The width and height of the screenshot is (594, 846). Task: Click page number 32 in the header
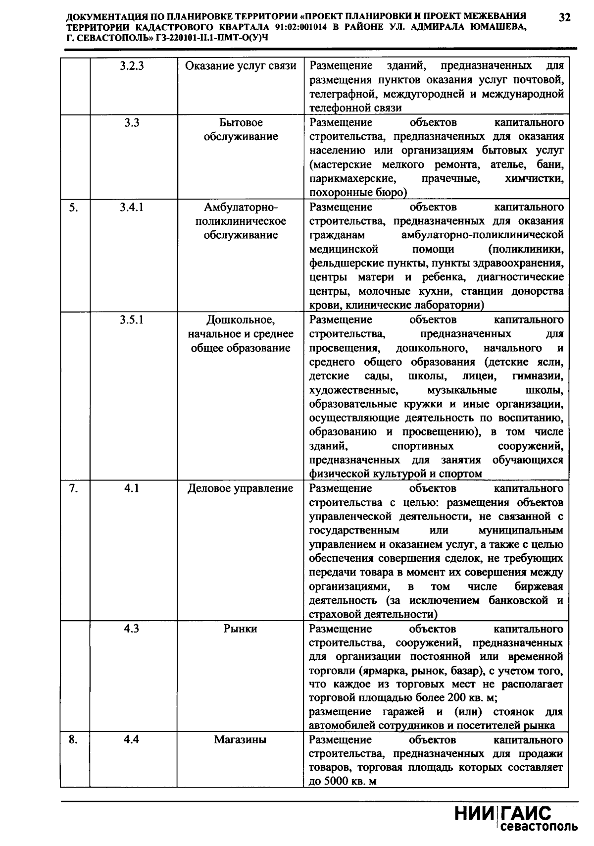pyautogui.click(x=565, y=17)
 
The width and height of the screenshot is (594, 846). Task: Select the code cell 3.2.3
pyautogui.click(x=132, y=66)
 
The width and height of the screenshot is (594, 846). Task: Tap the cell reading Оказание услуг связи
pyautogui.click(x=241, y=66)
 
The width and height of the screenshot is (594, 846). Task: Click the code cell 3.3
pyautogui.click(x=132, y=122)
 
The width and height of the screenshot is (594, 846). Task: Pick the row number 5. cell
pyautogui.click(x=73, y=207)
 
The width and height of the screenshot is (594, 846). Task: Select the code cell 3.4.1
pyautogui.click(x=132, y=207)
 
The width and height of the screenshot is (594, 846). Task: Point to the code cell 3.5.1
pyautogui.click(x=132, y=319)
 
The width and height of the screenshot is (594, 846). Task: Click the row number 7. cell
pyautogui.click(x=73, y=488)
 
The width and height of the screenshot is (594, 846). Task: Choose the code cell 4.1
pyautogui.click(x=132, y=488)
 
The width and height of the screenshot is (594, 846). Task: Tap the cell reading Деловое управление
pyautogui.click(x=241, y=488)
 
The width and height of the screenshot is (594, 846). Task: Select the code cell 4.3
pyautogui.click(x=132, y=629)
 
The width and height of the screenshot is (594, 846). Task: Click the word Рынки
pyautogui.click(x=241, y=629)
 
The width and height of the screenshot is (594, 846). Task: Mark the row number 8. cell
pyautogui.click(x=73, y=740)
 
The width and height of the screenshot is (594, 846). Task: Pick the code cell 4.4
pyautogui.click(x=132, y=740)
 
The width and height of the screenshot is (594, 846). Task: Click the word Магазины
pyautogui.click(x=241, y=740)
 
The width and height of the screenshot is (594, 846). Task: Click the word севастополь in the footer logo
pyautogui.click(x=539, y=827)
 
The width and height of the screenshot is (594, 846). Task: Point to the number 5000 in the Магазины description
pyautogui.click(x=337, y=782)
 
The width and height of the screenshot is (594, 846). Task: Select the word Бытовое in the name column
pyautogui.click(x=241, y=122)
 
